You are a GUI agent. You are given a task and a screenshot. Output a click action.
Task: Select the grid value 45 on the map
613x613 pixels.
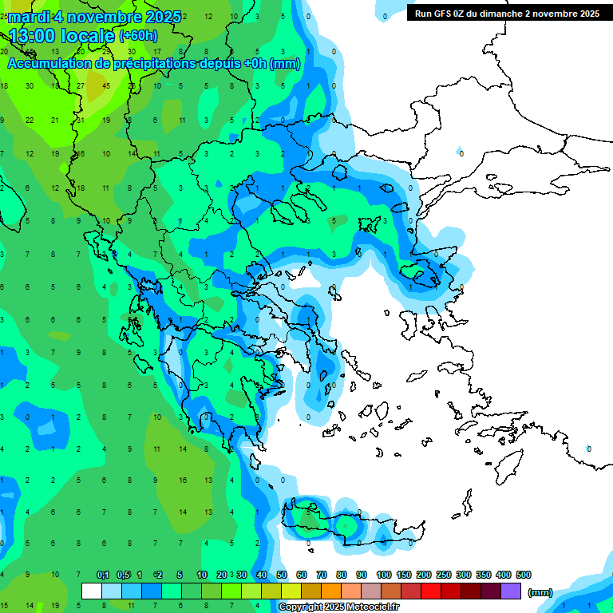[x=107, y=86]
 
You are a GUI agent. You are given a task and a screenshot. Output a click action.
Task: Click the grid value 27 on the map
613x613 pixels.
[x=81, y=86]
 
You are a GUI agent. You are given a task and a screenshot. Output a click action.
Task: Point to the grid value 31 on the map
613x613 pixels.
[x=81, y=120]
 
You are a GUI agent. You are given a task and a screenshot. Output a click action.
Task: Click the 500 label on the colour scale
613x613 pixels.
[x=523, y=575]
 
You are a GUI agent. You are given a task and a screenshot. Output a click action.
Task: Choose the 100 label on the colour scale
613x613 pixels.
[x=383, y=575]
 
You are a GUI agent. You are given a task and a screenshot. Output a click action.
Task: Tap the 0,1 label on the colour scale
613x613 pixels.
[x=103, y=575]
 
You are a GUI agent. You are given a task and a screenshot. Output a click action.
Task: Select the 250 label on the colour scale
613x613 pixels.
[x=443, y=575]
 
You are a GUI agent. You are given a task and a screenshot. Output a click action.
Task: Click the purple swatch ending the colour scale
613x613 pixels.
[x=512, y=591]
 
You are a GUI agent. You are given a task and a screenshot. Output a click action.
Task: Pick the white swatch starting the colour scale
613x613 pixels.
[x=92, y=591]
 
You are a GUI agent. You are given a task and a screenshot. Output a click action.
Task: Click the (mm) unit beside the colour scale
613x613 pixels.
[x=540, y=592]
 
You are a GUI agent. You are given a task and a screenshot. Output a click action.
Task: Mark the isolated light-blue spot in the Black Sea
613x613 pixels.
[x=461, y=152]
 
